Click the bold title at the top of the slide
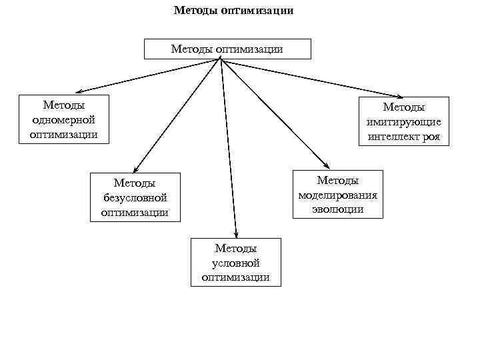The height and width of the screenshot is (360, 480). (233, 11)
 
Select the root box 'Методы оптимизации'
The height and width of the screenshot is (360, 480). (227, 49)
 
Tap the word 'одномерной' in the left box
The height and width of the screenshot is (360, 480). (64, 119)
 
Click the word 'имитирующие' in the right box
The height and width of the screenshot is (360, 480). (404, 122)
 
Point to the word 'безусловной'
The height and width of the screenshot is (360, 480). (135, 197)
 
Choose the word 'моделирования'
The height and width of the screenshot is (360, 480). (338, 195)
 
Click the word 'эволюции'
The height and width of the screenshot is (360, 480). (338, 209)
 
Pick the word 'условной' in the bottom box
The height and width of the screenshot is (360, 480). (235, 263)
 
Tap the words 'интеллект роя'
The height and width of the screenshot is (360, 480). (404, 137)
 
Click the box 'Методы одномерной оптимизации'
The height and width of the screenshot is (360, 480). (64, 119)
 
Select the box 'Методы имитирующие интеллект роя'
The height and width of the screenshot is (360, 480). (404, 121)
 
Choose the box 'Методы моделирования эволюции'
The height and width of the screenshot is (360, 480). (338, 194)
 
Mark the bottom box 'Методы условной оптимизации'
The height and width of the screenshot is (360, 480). (235, 263)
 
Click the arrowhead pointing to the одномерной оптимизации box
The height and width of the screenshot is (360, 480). (78, 92)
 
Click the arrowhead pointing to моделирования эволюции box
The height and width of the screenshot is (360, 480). (327, 166)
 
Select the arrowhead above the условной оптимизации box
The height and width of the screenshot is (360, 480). (235, 233)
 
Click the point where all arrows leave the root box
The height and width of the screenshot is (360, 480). (219, 60)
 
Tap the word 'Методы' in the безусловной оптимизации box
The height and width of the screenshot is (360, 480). (135, 183)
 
